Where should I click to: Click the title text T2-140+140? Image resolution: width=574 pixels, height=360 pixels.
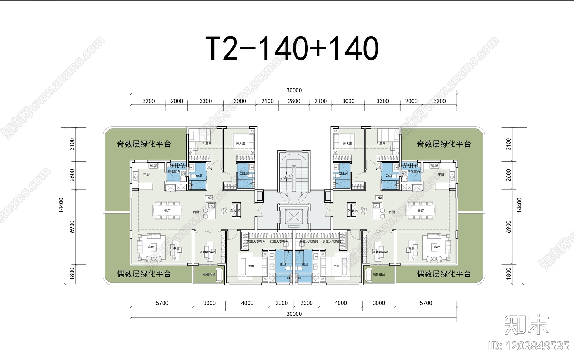point(292,48)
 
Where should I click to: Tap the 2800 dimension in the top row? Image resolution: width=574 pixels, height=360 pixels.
point(294,101)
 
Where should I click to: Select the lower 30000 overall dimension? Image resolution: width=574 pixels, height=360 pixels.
point(294,314)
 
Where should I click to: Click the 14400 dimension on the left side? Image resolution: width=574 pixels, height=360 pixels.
point(61,205)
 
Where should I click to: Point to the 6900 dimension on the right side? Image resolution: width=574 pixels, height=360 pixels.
point(508,226)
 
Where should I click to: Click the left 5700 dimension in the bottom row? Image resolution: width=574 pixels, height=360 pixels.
point(162,303)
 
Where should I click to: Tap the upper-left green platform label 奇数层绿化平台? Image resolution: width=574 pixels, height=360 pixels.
point(144,144)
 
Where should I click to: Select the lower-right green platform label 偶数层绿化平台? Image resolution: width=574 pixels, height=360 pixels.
point(444,274)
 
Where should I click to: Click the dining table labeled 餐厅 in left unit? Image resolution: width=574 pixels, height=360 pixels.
point(167,211)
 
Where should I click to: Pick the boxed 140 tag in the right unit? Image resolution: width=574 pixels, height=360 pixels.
point(379,198)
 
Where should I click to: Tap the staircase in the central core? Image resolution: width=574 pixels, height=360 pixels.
point(294,176)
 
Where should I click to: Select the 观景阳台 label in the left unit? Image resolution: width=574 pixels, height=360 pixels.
point(209,275)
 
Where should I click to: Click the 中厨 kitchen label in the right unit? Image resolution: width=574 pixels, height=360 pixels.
point(441,174)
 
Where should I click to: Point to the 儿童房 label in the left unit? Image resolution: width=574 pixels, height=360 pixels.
point(207,144)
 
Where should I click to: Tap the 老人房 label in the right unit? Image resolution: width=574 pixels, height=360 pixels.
point(347,144)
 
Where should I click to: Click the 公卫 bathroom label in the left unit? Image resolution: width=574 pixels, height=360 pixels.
point(199,176)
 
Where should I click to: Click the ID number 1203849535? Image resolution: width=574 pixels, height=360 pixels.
point(529,346)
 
